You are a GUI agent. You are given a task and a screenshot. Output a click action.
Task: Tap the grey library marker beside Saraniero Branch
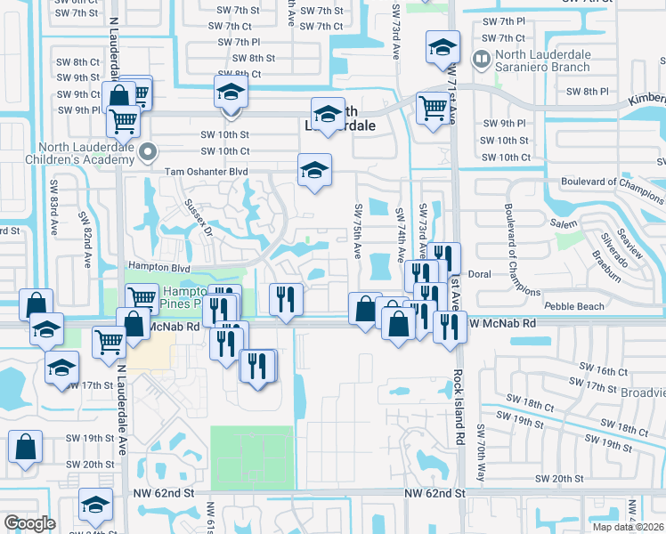(x=482, y=61)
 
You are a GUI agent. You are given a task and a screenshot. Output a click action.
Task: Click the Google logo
(x=29, y=522)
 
